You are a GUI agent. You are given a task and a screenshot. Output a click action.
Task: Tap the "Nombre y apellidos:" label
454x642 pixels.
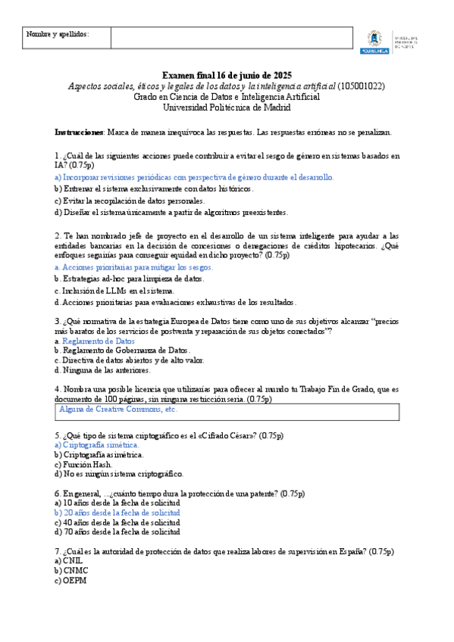click(58, 35)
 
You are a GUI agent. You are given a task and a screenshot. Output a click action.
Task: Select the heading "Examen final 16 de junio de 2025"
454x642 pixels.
click(227, 76)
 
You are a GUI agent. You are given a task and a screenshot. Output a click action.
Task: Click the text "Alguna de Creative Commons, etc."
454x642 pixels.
click(118, 409)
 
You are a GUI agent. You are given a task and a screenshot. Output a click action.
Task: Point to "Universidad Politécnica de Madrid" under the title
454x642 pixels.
click(227, 108)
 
